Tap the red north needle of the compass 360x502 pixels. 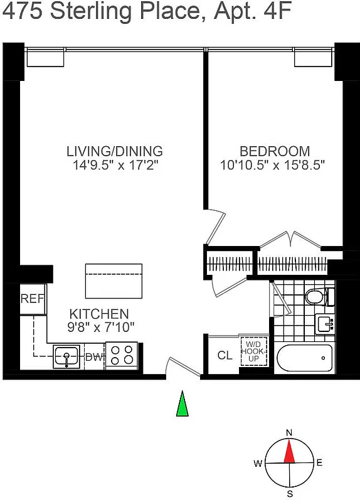click(289, 451)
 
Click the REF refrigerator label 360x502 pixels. click(32, 299)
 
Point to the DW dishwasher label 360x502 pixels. click(93, 358)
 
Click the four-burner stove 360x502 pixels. click(121, 355)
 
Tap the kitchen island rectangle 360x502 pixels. click(114, 280)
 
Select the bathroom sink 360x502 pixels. click(325, 324)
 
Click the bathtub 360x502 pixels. click(304, 359)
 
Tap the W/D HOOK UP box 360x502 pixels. click(253, 351)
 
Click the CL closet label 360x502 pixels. click(225, 355)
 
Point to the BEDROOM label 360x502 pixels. click(275, 151)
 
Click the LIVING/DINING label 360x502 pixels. click(115, 151)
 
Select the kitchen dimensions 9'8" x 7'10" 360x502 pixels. click(98, 326)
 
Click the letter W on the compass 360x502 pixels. click(258, 464)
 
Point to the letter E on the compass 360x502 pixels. click(319, 463)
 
